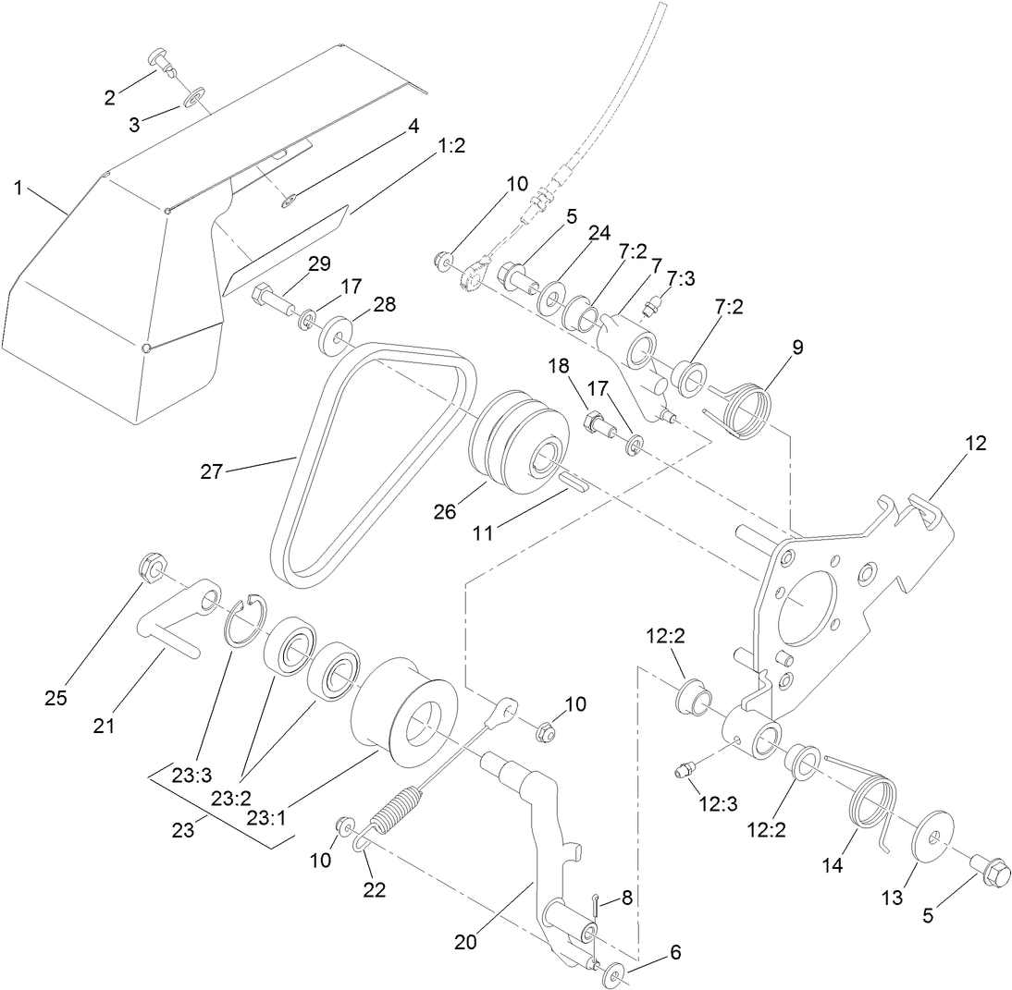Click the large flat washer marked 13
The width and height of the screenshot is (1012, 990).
(934, 837)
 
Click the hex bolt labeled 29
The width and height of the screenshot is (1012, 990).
(267, 297)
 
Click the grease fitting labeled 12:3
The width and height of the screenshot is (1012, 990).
(685, 770)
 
